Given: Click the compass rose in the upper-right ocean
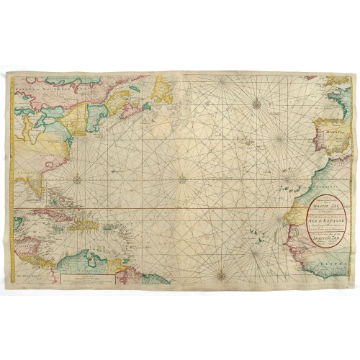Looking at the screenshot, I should (257, 105).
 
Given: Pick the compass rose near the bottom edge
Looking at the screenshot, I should (222, 274).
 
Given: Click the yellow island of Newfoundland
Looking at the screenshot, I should (163, 90).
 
